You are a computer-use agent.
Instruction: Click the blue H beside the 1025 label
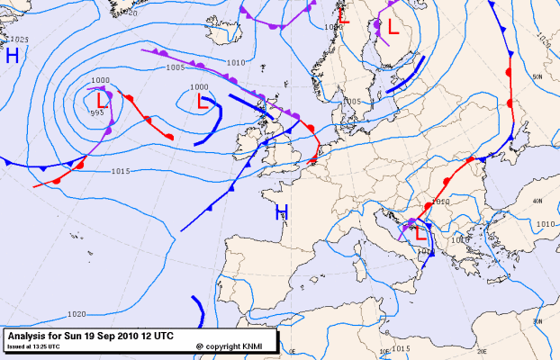coord(13,56)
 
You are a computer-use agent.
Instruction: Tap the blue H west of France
coord(282,212)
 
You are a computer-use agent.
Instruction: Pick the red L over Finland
coord(393,27)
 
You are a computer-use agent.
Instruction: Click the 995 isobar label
coord(96,113)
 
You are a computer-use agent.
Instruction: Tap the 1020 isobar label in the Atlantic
coord(77,314)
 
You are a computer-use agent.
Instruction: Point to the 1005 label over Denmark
coord(352,101)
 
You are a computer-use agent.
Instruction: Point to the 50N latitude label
coord(537,77)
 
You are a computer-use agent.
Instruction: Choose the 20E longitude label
coord(482,352)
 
